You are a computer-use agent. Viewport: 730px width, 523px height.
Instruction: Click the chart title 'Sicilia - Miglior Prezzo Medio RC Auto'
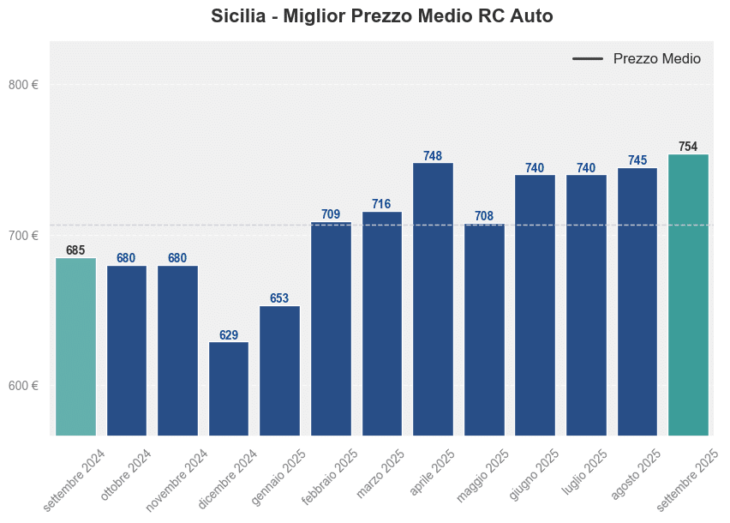coord(382,16)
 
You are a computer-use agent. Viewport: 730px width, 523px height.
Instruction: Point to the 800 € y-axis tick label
coord(23,85)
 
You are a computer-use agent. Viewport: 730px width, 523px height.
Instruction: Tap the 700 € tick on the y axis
coord(23,236)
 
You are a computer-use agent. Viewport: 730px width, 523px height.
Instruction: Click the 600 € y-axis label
coord(23,386)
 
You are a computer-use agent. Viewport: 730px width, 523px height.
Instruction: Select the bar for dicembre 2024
coord(229,388)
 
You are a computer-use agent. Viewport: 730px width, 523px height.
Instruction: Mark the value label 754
coord(688,147)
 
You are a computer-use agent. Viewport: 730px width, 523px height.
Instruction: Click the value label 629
coord(229,335)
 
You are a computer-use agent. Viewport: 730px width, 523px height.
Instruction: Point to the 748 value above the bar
coord(433,156)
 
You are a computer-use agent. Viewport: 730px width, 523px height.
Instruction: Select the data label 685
coord(75,250)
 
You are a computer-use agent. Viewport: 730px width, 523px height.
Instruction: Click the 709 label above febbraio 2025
coord(331,214)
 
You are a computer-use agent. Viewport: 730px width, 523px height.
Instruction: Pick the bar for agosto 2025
coord(637,301)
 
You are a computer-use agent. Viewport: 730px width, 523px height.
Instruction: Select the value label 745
coord(637,160)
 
